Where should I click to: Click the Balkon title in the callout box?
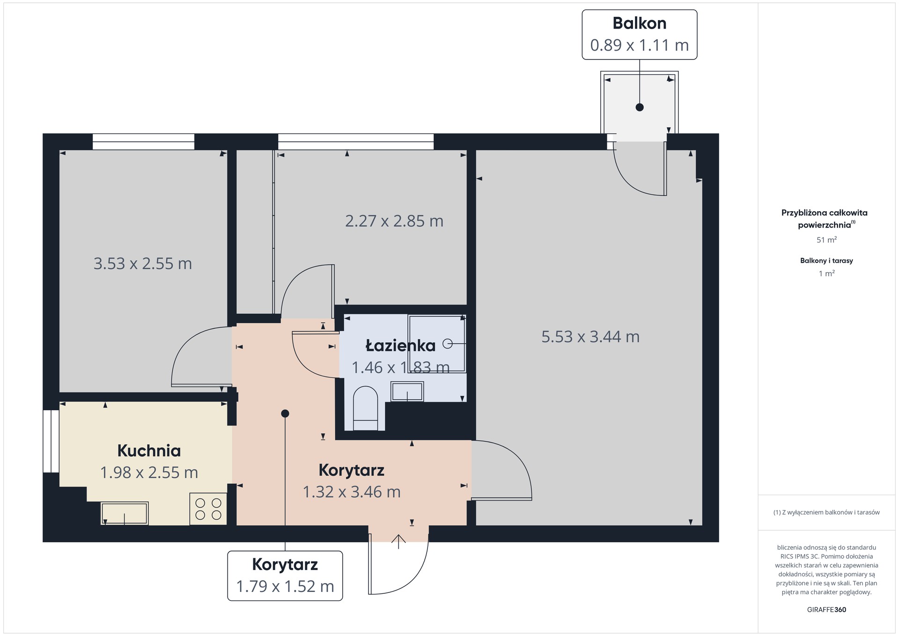[x=639, y=23]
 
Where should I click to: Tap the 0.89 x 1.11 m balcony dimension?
[x=639, y=45]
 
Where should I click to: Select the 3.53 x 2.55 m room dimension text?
[x=143, y=264]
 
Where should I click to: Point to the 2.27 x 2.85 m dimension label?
[x=394, y=221]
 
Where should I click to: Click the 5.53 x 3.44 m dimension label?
[x=590, y=337]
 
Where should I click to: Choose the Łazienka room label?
[x=400, y=346]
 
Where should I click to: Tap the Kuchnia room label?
[x=149, y=451]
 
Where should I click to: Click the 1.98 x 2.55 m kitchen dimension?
[x=149, y=473]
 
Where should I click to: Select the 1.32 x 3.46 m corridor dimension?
[x=352, y=492]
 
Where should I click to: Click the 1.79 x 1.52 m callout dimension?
[x=285, y=586]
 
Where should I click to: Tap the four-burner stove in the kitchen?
[x=208, y=509]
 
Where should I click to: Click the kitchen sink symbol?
[x=125, y=513]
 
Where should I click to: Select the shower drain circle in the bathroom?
[x=447, y=344]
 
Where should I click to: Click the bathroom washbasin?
[x=407, y=392]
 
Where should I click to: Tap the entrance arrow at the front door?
[x=398, y=541]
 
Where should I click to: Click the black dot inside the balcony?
[x=640, y=107]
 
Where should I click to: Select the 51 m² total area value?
[x=826, y=240]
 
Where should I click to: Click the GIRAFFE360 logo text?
[x=826, y=610]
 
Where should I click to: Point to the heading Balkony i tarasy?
[x=826, y=261]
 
